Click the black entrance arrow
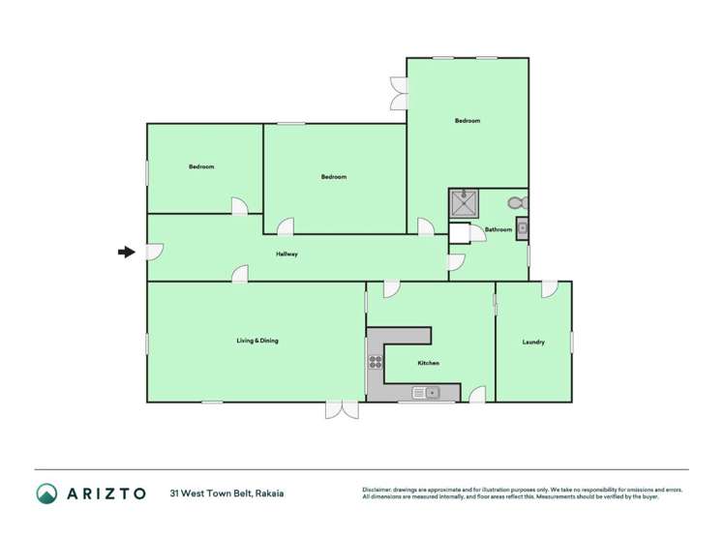[126, 253]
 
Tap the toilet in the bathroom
[517, 203]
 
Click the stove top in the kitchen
[375, 363]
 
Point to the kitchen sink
[426, 392]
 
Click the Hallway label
[287, 254]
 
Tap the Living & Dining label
[257, 341]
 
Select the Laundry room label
[533, 342]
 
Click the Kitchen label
[428, 363]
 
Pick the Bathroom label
[498, 229]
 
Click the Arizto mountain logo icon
[47, 493]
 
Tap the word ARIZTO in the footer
[106, 493]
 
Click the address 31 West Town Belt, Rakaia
[227, 493]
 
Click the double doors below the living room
[342, 410]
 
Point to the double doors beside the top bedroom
[398, 94]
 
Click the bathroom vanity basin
[522, 228]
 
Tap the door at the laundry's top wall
[549, 288]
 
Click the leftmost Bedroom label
[201, 166]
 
